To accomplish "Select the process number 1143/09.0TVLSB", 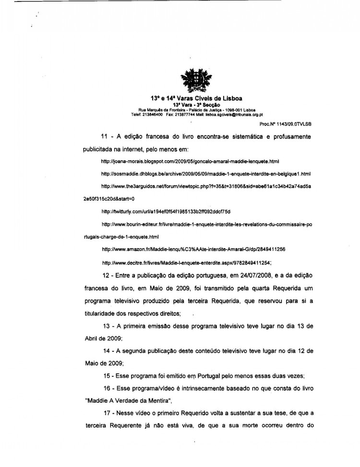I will [292, 123].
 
